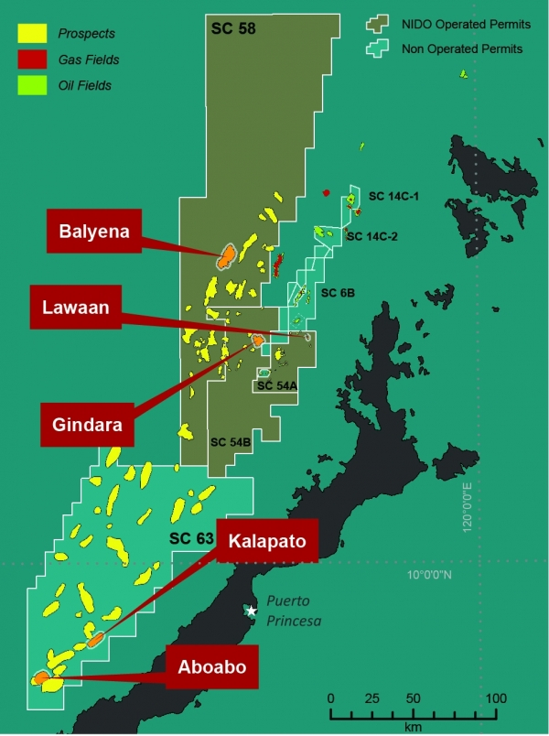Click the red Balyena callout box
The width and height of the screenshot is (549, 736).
[88, 233]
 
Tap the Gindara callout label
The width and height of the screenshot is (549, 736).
[90, 425]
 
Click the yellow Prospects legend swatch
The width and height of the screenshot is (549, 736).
[32, 34]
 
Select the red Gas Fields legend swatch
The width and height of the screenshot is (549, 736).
[32, 60]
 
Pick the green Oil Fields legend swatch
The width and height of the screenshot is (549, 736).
[32, 86]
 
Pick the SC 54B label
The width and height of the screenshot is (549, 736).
[230, 442]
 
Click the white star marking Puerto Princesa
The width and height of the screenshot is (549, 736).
[252, 611]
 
